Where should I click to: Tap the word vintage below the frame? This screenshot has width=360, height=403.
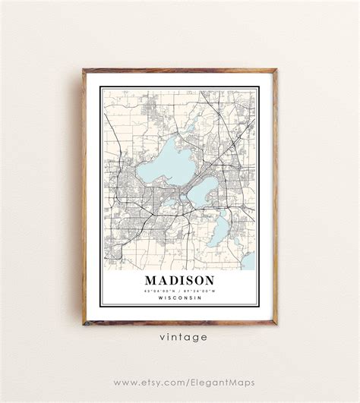point(179,337)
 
